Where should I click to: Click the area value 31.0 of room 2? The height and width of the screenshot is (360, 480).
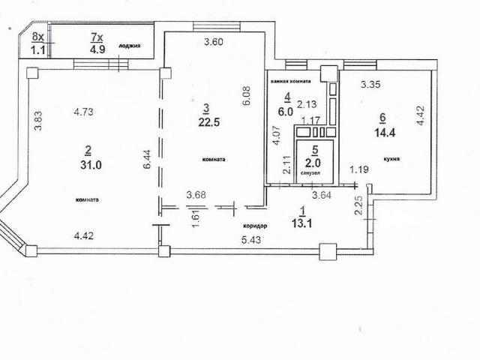[91, 165]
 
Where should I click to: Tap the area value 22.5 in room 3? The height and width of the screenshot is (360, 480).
[209, 122]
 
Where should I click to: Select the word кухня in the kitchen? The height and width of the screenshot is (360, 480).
[391, 159]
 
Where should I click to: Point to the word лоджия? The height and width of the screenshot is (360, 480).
[130, 46]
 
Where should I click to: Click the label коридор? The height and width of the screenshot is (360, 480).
[255, 226]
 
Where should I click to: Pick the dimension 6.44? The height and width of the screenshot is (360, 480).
[147, 159]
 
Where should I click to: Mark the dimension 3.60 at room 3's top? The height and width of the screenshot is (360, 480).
[214, 42]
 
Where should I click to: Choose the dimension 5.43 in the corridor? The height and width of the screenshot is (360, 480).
[251, 240]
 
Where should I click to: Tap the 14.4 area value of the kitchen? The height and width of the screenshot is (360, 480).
[385, 133]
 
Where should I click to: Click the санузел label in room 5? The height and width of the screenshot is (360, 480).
[310, 173]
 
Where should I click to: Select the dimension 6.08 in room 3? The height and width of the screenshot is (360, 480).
[247, 96]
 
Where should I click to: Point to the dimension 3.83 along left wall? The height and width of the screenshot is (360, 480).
[38, 120]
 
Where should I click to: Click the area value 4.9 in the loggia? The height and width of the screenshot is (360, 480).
[97, 49]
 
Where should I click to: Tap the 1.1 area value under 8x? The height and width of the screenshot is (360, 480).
[38, 49]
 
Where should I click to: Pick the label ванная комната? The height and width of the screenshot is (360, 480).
[290, 81]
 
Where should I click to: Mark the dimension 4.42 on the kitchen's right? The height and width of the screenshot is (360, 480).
[421, 115]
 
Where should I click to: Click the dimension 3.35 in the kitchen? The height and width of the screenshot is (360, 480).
[370, 84]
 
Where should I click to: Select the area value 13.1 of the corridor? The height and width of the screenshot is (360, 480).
[301, 223]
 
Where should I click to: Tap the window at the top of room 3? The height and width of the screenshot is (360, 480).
[217, 26]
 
